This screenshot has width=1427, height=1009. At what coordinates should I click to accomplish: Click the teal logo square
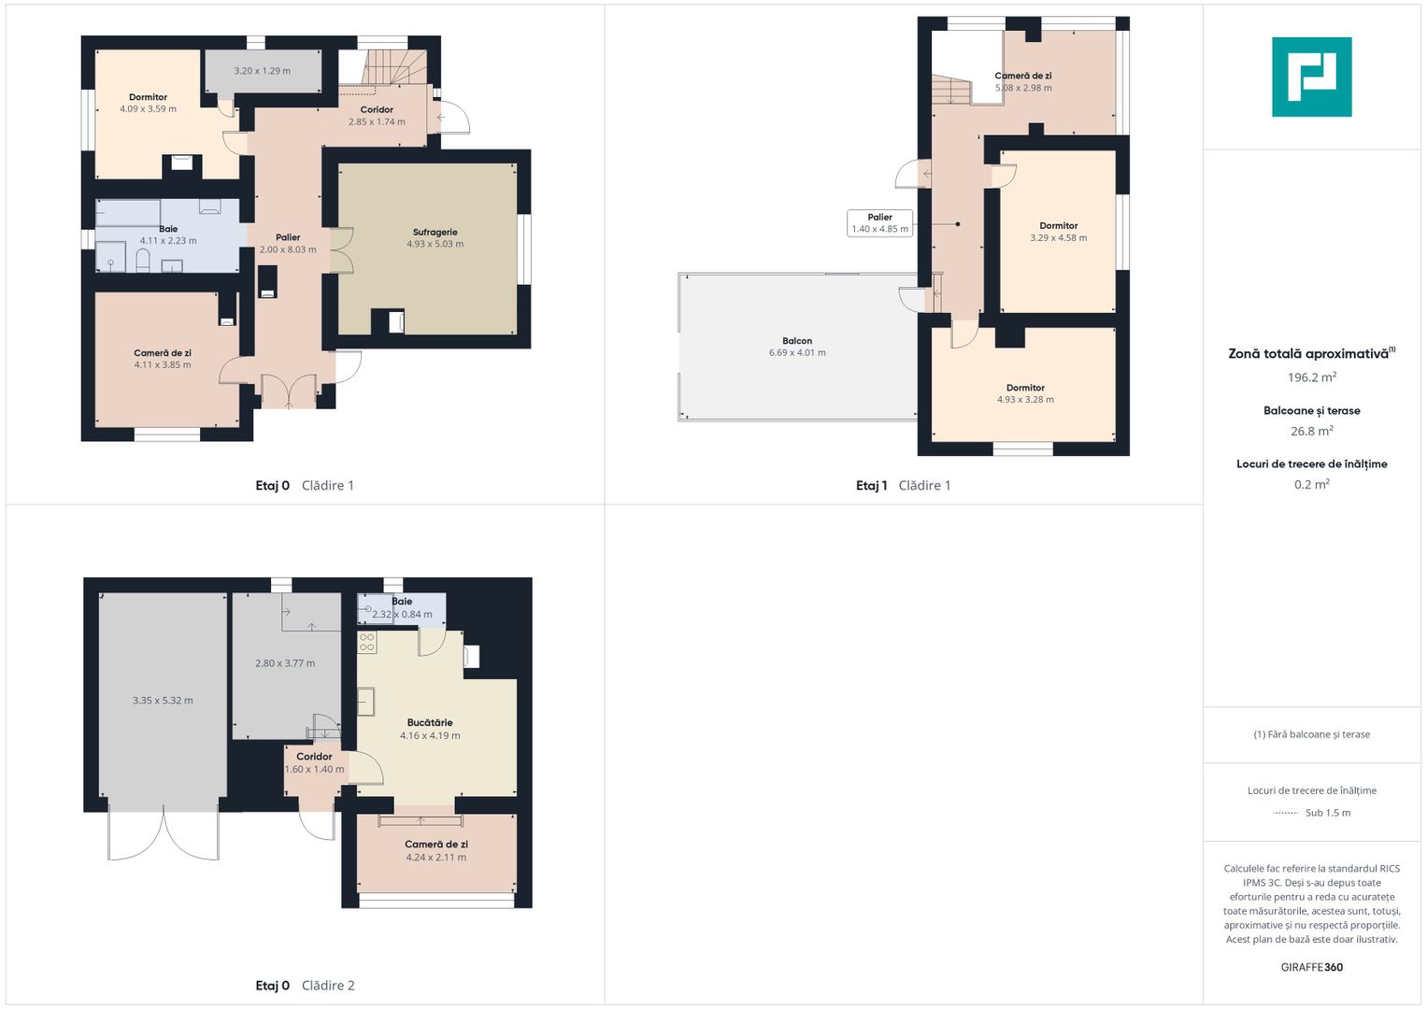pyautogui.click(x=1312, y=77)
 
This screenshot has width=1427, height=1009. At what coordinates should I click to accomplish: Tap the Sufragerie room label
pyautogui.click(x=435, y=233)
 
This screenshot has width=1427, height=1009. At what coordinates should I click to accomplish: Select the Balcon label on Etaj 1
pyautogui.click(x=797, y=341)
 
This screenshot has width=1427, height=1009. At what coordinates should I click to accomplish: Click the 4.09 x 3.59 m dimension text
pyautogui.click(x=148, y=109)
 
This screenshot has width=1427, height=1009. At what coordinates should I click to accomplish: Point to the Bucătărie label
pyautogui.click(x=430, y=722)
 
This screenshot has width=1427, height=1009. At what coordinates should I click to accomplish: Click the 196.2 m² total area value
pyautogui.click(x=1312, y=377)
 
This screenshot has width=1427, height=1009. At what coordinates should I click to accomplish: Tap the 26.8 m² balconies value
pyautogui.click(x=1312, y=432)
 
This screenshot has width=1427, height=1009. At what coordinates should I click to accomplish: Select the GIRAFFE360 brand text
pyautogui.click(x=1312, y=967)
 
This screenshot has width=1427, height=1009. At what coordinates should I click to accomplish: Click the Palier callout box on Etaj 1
pyautogui.click(x=879, y=223)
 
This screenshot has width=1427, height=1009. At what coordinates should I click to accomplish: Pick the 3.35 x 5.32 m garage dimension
pyautogui.click(x=163, y=701)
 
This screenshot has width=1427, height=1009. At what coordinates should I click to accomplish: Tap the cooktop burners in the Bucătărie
pyautogui.click(x=367, y=642)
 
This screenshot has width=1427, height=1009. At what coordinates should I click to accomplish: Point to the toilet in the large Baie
pyautogui.click(x=143, y=261)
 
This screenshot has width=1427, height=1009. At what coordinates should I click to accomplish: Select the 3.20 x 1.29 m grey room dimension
pyautogui.click(x=262, y=71)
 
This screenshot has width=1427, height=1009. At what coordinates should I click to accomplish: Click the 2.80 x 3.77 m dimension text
pyautogui.click(x=285, y=663)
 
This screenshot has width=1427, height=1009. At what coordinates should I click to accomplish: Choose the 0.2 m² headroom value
pyautogui.click(x=1312, y=485)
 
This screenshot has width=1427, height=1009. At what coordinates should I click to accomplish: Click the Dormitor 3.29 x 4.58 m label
pyautogui.click(x=1058, y=232)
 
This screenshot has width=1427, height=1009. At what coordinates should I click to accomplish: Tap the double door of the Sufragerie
pyautogui.click(x=342, y=250)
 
